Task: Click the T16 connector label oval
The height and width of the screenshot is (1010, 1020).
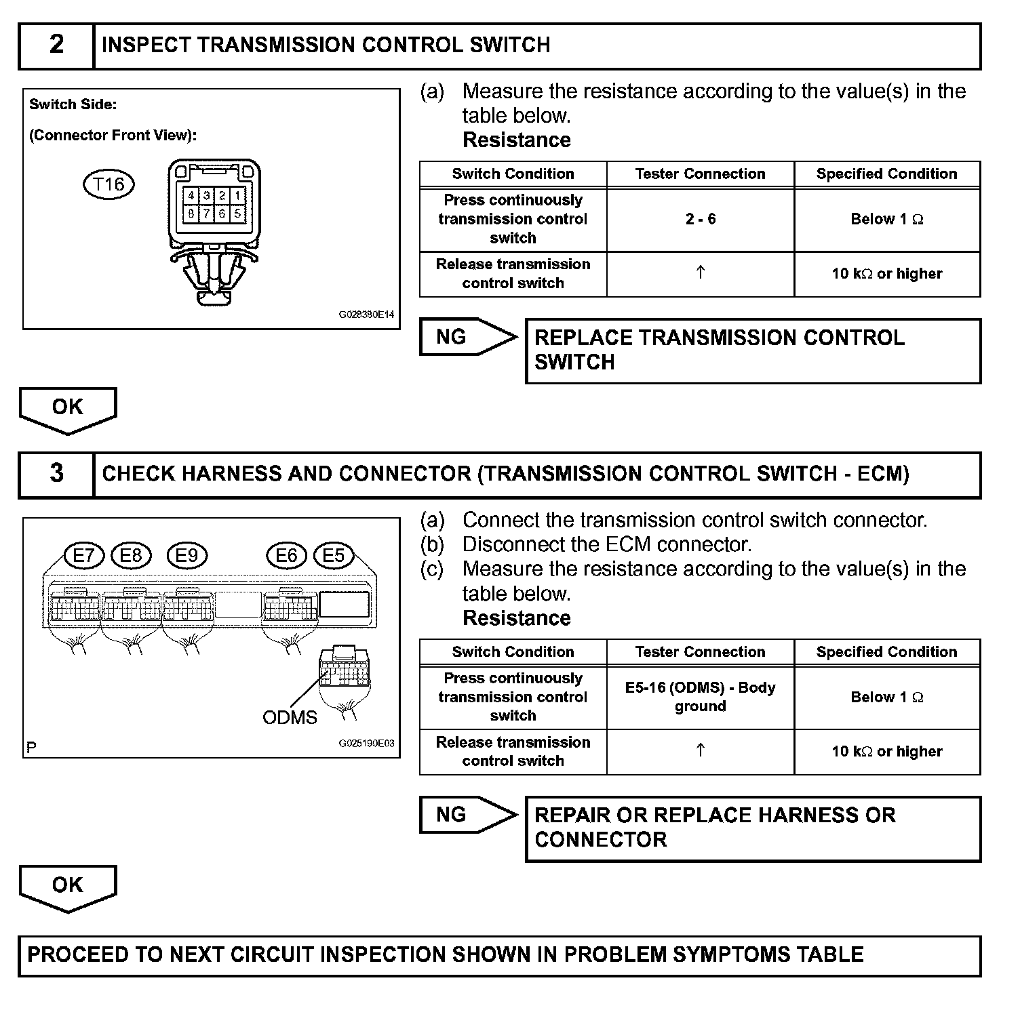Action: click(x=109, y=184)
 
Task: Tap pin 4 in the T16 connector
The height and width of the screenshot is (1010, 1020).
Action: click(x=191, y=196)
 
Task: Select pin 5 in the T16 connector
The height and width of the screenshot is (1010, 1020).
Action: click(x=237, y=213)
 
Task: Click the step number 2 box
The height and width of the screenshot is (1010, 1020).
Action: click(x=56, y=45)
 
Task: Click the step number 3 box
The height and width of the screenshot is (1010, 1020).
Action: click(x=56, y=474)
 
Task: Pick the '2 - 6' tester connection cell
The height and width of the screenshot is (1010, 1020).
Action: click(x=700, y=219)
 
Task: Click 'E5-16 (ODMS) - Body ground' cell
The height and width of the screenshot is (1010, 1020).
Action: click(x=700, y=697)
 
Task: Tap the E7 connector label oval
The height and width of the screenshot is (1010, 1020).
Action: click(x=83, y=556)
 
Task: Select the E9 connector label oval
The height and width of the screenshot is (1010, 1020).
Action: click(x=187, y=556)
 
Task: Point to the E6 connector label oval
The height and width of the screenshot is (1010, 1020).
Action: click(x=286, y=556)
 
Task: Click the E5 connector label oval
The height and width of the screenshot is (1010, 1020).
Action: click(x=333, y=556)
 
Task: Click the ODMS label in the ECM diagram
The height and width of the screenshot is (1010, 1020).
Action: click(x=290, y=717)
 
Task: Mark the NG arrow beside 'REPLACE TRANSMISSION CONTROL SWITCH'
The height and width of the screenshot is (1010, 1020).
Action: click(x=467, y=337)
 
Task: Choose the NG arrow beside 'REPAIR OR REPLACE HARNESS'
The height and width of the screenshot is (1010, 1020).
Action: click(x=467, y=815)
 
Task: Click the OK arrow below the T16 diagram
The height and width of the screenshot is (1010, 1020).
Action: click(x=68, y=409)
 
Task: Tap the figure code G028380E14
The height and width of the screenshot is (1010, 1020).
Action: click(x=366, y=315)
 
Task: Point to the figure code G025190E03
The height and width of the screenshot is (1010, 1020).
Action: click(x=366, y=743)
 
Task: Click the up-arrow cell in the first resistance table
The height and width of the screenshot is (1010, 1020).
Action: click(x=700, y=273)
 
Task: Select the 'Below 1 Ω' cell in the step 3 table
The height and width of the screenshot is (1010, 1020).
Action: click(x=886, y=697)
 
